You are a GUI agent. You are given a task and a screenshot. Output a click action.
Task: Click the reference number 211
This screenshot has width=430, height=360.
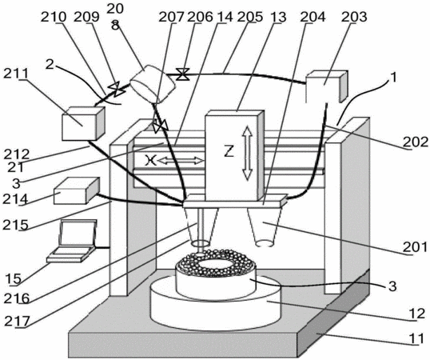[16, 74]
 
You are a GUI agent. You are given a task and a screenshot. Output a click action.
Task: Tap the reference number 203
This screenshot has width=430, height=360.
[354, 17]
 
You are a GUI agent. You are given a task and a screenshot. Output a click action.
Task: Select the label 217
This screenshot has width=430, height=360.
[17, 321]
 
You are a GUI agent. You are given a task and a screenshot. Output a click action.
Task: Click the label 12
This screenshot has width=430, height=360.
[417, 314]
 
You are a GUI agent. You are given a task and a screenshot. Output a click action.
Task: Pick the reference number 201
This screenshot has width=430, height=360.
[415, 247]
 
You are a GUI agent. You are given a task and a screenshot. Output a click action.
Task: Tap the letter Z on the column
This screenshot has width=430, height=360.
[229, 151]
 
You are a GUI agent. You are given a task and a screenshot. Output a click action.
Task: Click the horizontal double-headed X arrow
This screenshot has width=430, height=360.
[181, 161]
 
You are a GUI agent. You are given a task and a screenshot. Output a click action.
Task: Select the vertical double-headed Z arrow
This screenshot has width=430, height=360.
[247, 153]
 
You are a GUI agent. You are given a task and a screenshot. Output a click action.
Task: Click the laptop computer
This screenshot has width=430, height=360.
[72, 241]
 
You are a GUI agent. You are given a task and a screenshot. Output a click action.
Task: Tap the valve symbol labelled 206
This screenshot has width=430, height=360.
[182, 74]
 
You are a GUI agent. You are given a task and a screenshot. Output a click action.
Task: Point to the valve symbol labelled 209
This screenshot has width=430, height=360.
[117, 89]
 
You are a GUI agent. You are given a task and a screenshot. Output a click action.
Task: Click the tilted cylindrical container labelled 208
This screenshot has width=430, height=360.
[152, 84]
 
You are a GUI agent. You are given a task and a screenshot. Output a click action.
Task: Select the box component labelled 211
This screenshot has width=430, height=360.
[83, 123]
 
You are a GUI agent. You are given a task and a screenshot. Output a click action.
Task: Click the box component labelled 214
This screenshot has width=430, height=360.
[77, 190]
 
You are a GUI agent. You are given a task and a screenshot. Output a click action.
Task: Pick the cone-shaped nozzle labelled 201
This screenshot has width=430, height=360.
[265, 226]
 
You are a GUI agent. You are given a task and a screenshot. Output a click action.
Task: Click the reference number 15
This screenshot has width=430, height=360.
[13, 278]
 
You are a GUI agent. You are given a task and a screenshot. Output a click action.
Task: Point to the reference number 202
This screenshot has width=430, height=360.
[415, 142]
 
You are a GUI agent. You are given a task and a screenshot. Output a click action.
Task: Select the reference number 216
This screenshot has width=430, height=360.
[17, 298]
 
